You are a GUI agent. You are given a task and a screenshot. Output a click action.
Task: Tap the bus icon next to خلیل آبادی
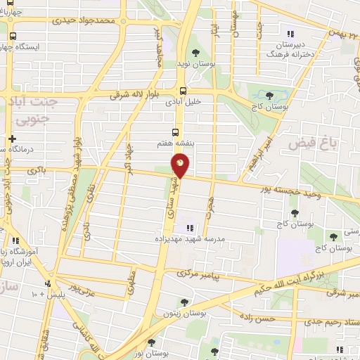(184, 90)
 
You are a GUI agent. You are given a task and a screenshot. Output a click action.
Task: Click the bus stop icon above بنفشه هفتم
(175, 131)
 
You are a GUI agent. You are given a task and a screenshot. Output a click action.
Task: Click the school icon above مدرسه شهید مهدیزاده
(188, 227)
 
